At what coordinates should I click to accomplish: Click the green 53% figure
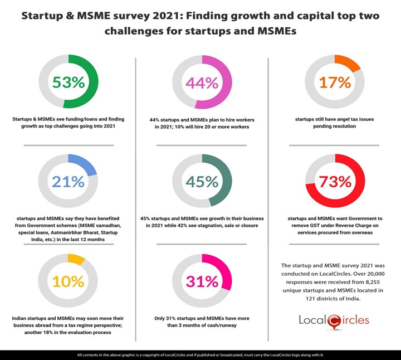[x=68, y=82]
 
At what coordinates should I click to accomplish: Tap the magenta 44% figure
[x=202, y=83]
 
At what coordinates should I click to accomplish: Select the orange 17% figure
[x=335, y=82]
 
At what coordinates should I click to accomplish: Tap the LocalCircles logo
[x=334, y=321]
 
